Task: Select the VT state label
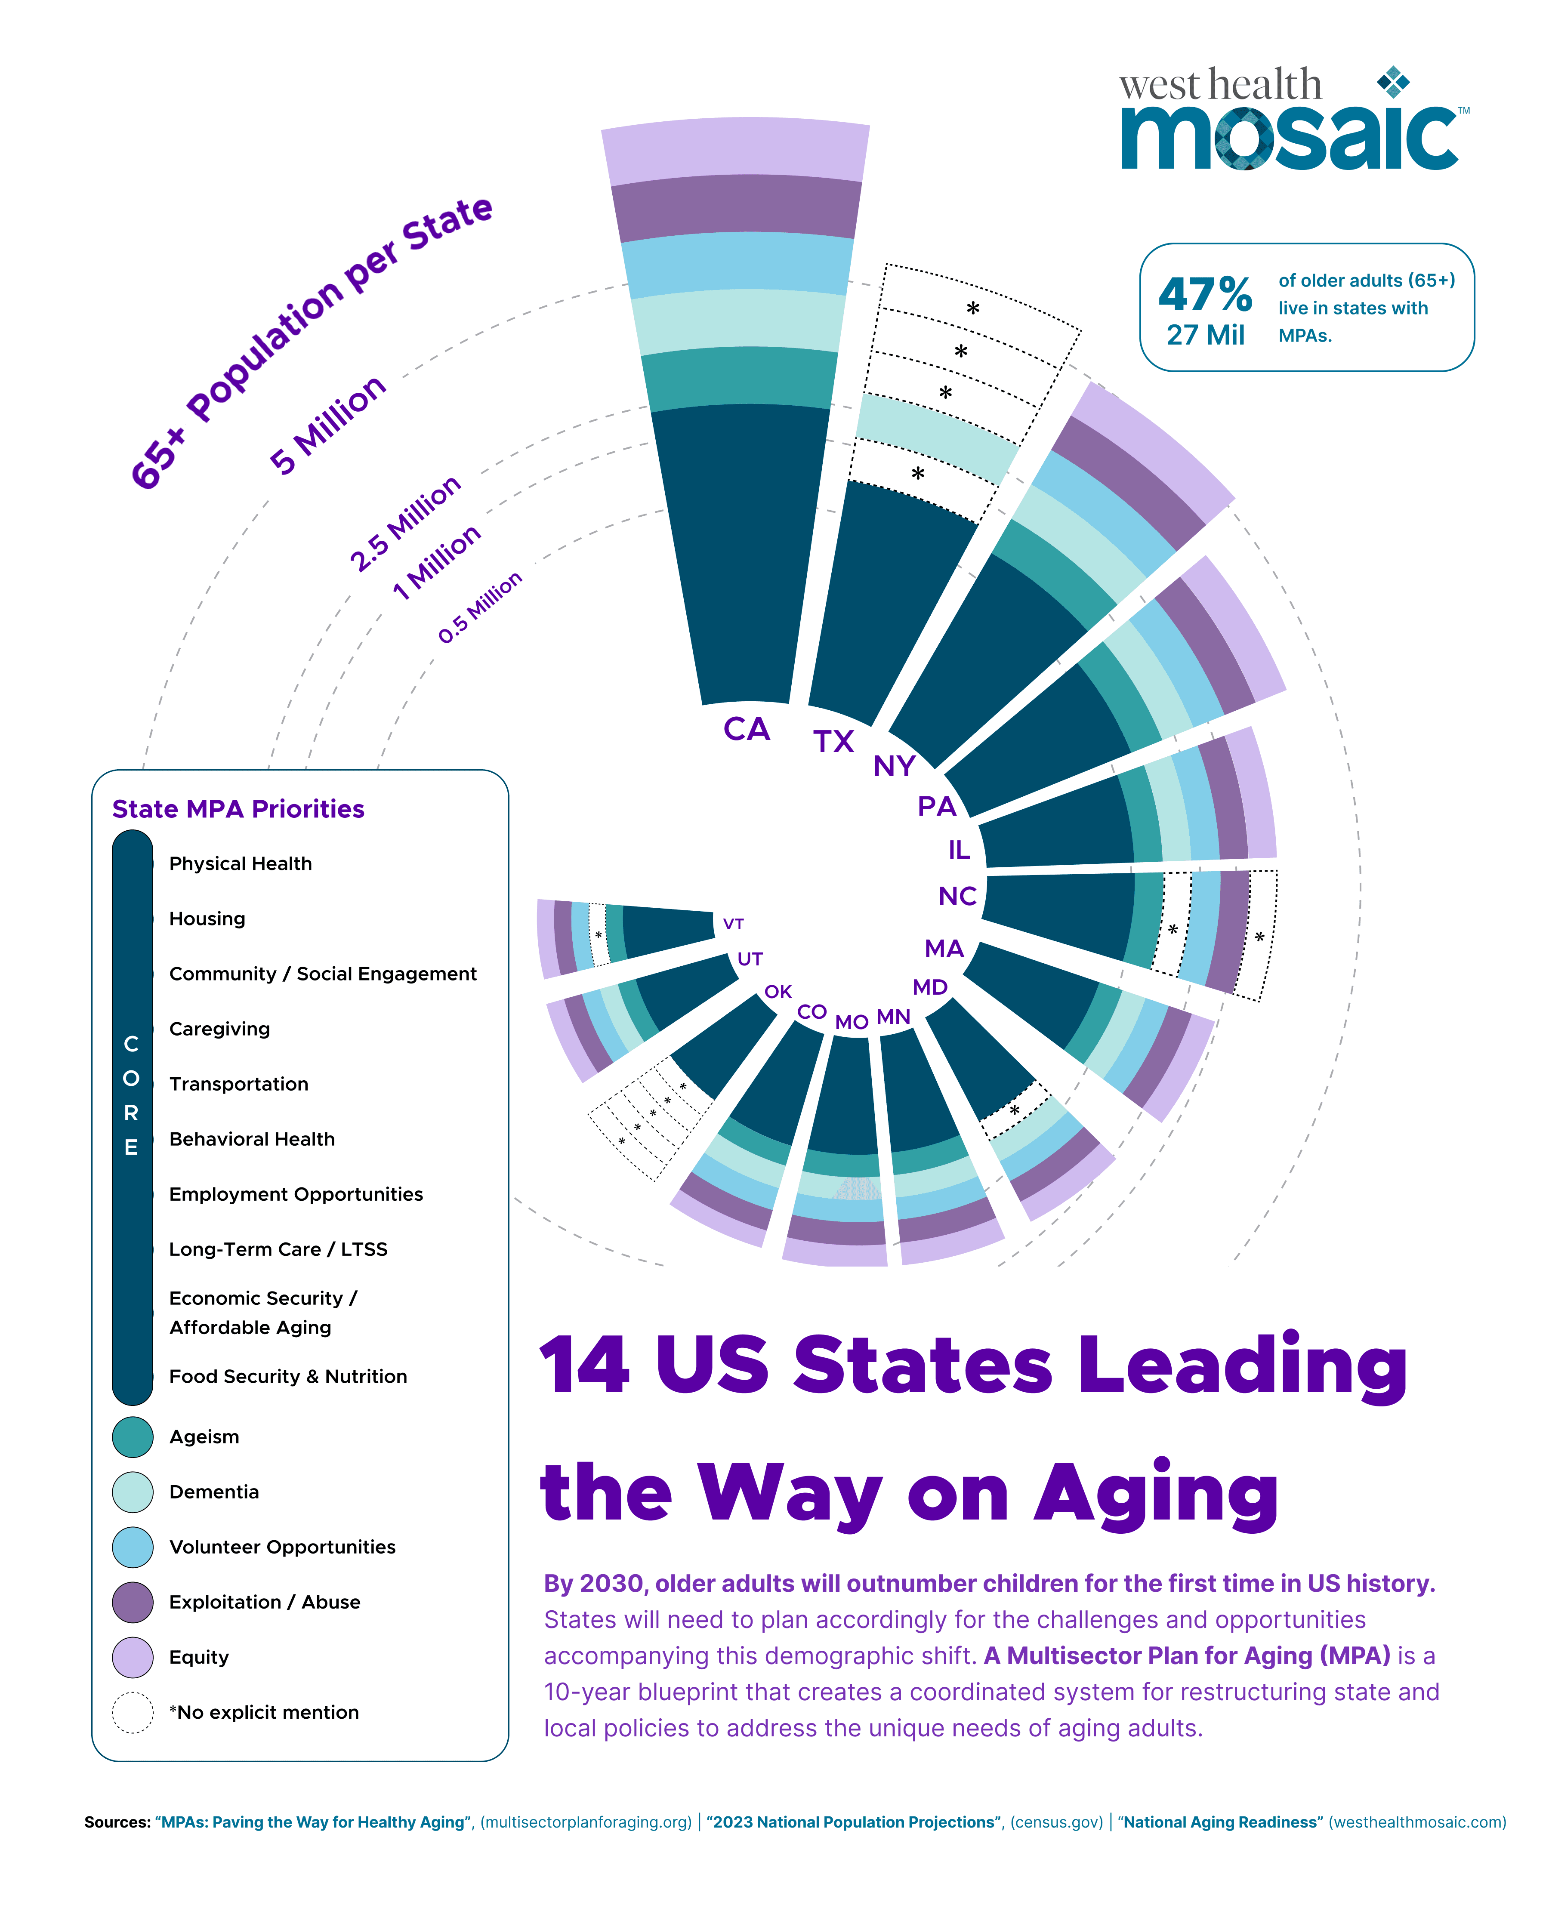tap(734, 924)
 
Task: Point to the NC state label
tap(957, 896)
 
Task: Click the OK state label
tap(778, 991)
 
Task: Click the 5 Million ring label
tap(327, 425)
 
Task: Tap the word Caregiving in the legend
tap(219, 1029)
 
